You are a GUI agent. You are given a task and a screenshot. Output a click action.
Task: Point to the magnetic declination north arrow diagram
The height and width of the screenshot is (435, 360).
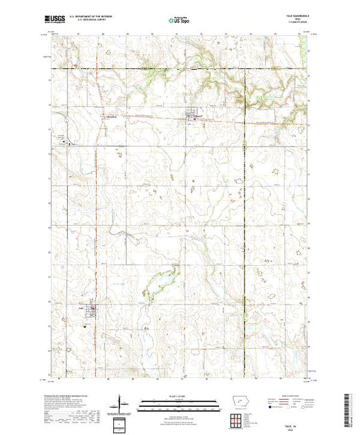[122, 404]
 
